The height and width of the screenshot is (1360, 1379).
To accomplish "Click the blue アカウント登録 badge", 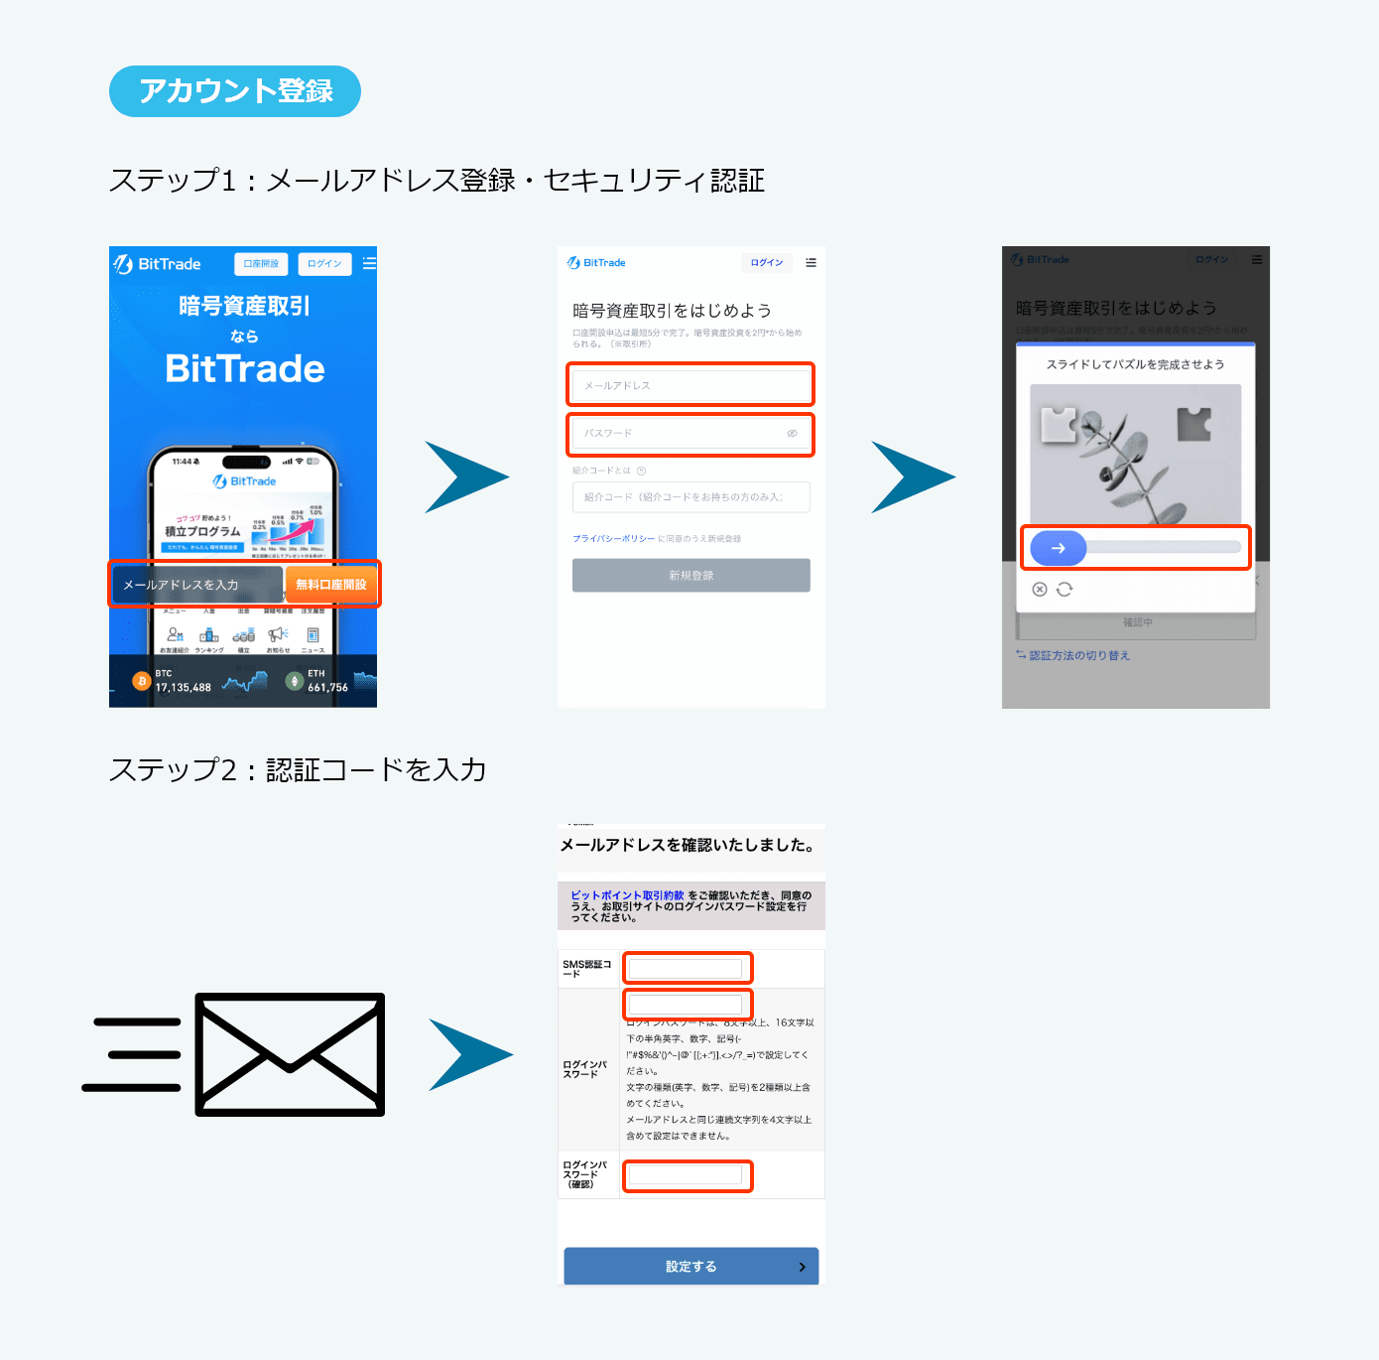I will point(235,91).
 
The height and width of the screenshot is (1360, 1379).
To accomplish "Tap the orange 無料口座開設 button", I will point(331,585).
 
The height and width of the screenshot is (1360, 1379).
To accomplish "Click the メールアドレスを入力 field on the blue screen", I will point(196,585).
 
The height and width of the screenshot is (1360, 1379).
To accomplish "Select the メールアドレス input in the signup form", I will point(690,385).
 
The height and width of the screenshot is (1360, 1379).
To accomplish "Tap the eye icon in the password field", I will point(793,434).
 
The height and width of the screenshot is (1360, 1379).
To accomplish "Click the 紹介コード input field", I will point(690,497).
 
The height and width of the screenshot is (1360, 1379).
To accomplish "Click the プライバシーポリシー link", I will point(613,539).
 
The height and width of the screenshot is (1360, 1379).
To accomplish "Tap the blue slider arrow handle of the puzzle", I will point(1059,548).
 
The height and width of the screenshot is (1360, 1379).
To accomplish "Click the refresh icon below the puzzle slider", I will point(1065,590).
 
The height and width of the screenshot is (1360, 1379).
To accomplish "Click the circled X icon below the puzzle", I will point(1040,590).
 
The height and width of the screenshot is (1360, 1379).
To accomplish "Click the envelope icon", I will point(290,1054).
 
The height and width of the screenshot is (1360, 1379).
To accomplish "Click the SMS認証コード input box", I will point(687,968).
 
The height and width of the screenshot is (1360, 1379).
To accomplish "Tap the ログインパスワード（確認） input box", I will point(687,1176).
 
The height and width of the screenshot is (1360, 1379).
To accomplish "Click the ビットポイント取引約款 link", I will point(627,895).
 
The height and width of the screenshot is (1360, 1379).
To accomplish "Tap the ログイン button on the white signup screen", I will point(766,263).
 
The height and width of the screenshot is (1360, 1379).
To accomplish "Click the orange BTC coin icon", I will point(142,681).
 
